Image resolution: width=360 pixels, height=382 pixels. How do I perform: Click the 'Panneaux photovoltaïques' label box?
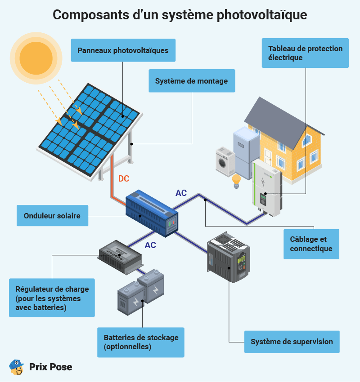click(x=123, y=50)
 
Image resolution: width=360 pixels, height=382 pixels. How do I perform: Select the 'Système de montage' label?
click(x=192, y=80)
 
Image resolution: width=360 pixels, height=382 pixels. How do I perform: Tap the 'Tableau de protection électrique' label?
click(x=305, y=53)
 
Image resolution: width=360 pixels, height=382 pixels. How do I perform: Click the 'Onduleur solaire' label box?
click(x=53, y=216)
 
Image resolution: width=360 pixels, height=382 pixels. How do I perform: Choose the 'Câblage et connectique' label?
click(x=311, y=244)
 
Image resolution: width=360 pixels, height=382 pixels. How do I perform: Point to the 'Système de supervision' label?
click(x=292, y=342)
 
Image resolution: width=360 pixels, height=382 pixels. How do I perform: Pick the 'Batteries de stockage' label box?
click(x=141, y=342)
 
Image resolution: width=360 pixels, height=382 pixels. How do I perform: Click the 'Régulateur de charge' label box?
click(x=52, y=298)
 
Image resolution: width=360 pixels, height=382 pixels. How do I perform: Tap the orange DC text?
click(x=124, y=178)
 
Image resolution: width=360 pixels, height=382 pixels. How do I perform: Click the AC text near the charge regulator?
click(x=150, y=245)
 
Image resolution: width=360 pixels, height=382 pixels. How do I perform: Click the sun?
click(x=36, y=58)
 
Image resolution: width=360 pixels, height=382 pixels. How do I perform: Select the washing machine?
click(x=225, y=161)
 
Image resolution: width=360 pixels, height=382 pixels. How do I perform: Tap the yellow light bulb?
click(x=236, y=181)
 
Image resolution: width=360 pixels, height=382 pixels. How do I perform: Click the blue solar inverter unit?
click(x=152, y=213)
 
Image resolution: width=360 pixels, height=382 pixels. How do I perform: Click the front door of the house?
click(x=268, y=157)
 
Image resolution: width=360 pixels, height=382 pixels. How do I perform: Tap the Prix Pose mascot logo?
click(x=16, y=367)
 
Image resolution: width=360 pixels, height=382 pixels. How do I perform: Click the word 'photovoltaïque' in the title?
click(x=262, y=15)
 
